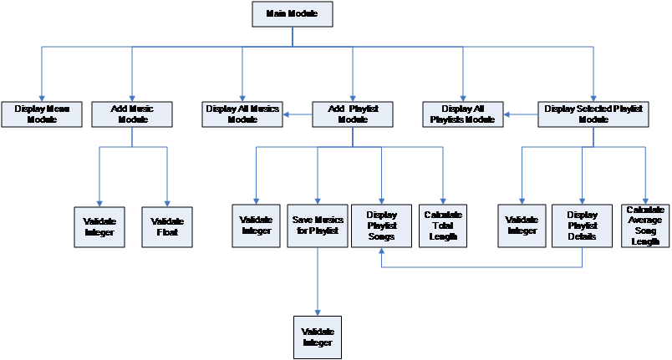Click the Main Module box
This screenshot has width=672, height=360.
pyautogui.click(x=292, y=14)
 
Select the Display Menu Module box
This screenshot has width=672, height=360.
pyautogui.click(x=41, y=114)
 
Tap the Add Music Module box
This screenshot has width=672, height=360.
pyautogui.click(x=132, y=114)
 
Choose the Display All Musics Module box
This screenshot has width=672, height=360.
pyautogui.click(x=242, y=114)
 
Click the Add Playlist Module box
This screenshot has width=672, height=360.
pyautogui.click(x=353, y=114)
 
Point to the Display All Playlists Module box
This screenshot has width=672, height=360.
pyautogui.click(x=462, y=114)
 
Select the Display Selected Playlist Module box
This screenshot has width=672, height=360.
pyautogui.click(x=593, y=114)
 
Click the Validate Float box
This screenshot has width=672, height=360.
pyautogui.click(x=167, y=226)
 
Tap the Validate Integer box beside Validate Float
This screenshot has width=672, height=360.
pyautogui.click(x=99, y=226)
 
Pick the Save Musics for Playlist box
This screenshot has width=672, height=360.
pyautogui.click(x=318, y=225)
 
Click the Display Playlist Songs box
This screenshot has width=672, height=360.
pyautogui.click(x=381, y=225)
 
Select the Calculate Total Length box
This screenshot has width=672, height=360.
pyautogui.click(x=443, y=225)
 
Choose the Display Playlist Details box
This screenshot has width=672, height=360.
pyautogui.click(x=582, y=225)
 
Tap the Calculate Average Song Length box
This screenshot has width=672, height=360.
pyautogui.click(x=645, y=225)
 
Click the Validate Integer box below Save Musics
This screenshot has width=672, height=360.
pyautogui.click(x=318, y=337)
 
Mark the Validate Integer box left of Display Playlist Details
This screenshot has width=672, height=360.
pyautogui.click(x=522, y=225)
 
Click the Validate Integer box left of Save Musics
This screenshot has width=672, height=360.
pyautogui.click(x=256, y=225)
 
